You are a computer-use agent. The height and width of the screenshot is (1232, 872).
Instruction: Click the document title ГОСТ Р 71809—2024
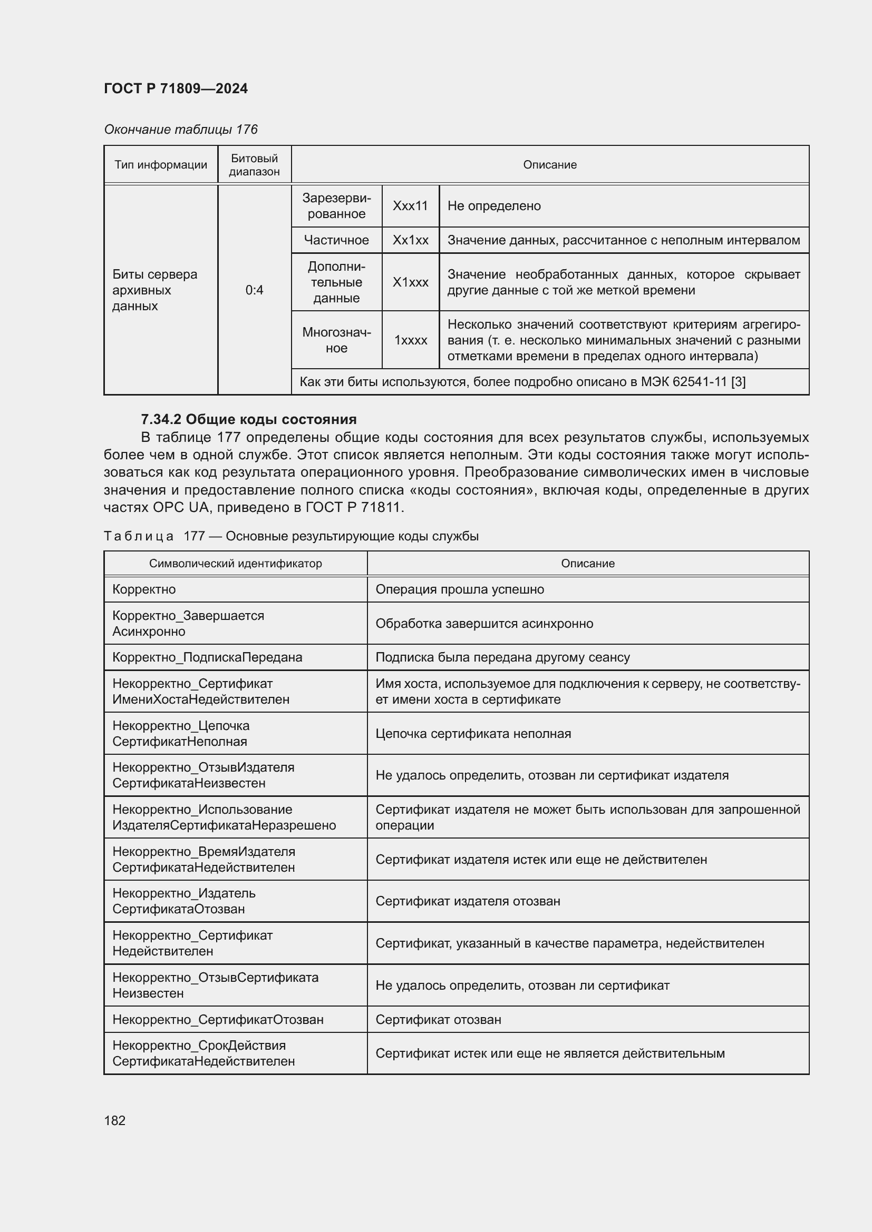(176, 88)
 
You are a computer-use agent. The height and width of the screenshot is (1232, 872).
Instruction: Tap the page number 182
(114, 1120)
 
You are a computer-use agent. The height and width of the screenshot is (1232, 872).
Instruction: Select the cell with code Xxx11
(410, 206)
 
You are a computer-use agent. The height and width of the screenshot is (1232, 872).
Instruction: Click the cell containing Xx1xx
(410, 240)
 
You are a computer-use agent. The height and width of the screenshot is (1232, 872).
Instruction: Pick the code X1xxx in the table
(410, 282)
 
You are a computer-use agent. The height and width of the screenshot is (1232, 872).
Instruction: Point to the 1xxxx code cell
(410, 340)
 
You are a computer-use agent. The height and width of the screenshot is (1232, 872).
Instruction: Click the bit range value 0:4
(254, 290)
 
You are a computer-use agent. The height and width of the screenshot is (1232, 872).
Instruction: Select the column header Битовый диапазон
(254, 165)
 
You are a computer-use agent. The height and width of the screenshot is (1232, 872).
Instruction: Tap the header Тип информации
(161, 165)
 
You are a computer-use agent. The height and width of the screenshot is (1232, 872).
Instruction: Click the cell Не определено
(493, 206)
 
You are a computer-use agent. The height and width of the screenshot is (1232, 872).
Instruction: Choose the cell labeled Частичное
(336, 240)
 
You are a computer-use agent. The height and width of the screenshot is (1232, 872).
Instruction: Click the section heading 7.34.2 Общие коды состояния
(249, 419)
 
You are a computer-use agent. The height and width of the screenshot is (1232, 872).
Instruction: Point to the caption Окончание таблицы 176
(180, 130)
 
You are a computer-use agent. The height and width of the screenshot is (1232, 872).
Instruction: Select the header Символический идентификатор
(235, 564)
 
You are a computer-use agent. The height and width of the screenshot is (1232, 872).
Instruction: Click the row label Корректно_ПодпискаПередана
(207, 657)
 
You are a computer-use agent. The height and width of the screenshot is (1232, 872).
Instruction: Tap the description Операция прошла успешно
(460, 589)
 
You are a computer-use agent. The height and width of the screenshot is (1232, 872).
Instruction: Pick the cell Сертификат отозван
(438, 1020)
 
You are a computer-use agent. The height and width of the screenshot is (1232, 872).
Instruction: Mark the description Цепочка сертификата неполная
(473, 734)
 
